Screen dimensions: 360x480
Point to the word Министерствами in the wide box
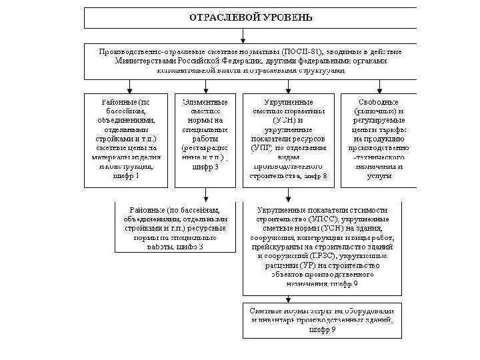coord(147,61)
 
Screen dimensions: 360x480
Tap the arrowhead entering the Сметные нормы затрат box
coord(287,300)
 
